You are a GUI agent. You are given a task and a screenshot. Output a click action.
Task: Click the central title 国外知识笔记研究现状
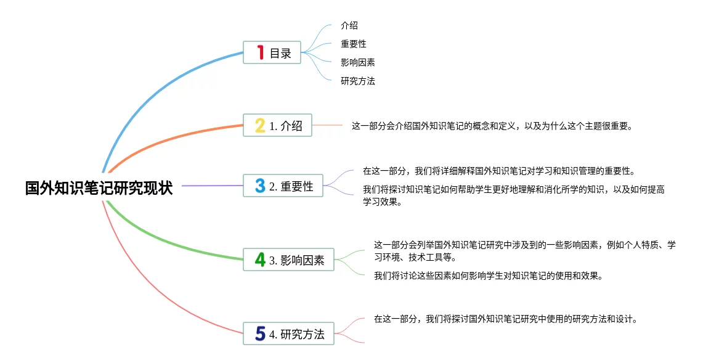pos(99,188)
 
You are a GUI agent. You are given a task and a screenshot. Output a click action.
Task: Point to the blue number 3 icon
pos(261,186)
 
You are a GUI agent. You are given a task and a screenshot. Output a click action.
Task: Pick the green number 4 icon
pos(261,260)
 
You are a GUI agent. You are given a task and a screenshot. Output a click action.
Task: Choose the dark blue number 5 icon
pos(261,334)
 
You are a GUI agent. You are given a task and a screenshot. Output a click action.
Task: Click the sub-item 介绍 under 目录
pos(349,26)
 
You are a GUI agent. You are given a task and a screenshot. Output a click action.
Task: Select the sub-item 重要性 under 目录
pos(354,44)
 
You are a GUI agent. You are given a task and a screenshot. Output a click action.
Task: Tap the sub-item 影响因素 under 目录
pos(358,62)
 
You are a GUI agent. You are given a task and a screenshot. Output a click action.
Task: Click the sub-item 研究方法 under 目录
pos(358,81)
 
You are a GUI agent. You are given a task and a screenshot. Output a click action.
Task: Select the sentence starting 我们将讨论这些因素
pos(488,276)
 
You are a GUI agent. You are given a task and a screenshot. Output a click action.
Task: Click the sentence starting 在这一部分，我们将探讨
pos(505,319)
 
